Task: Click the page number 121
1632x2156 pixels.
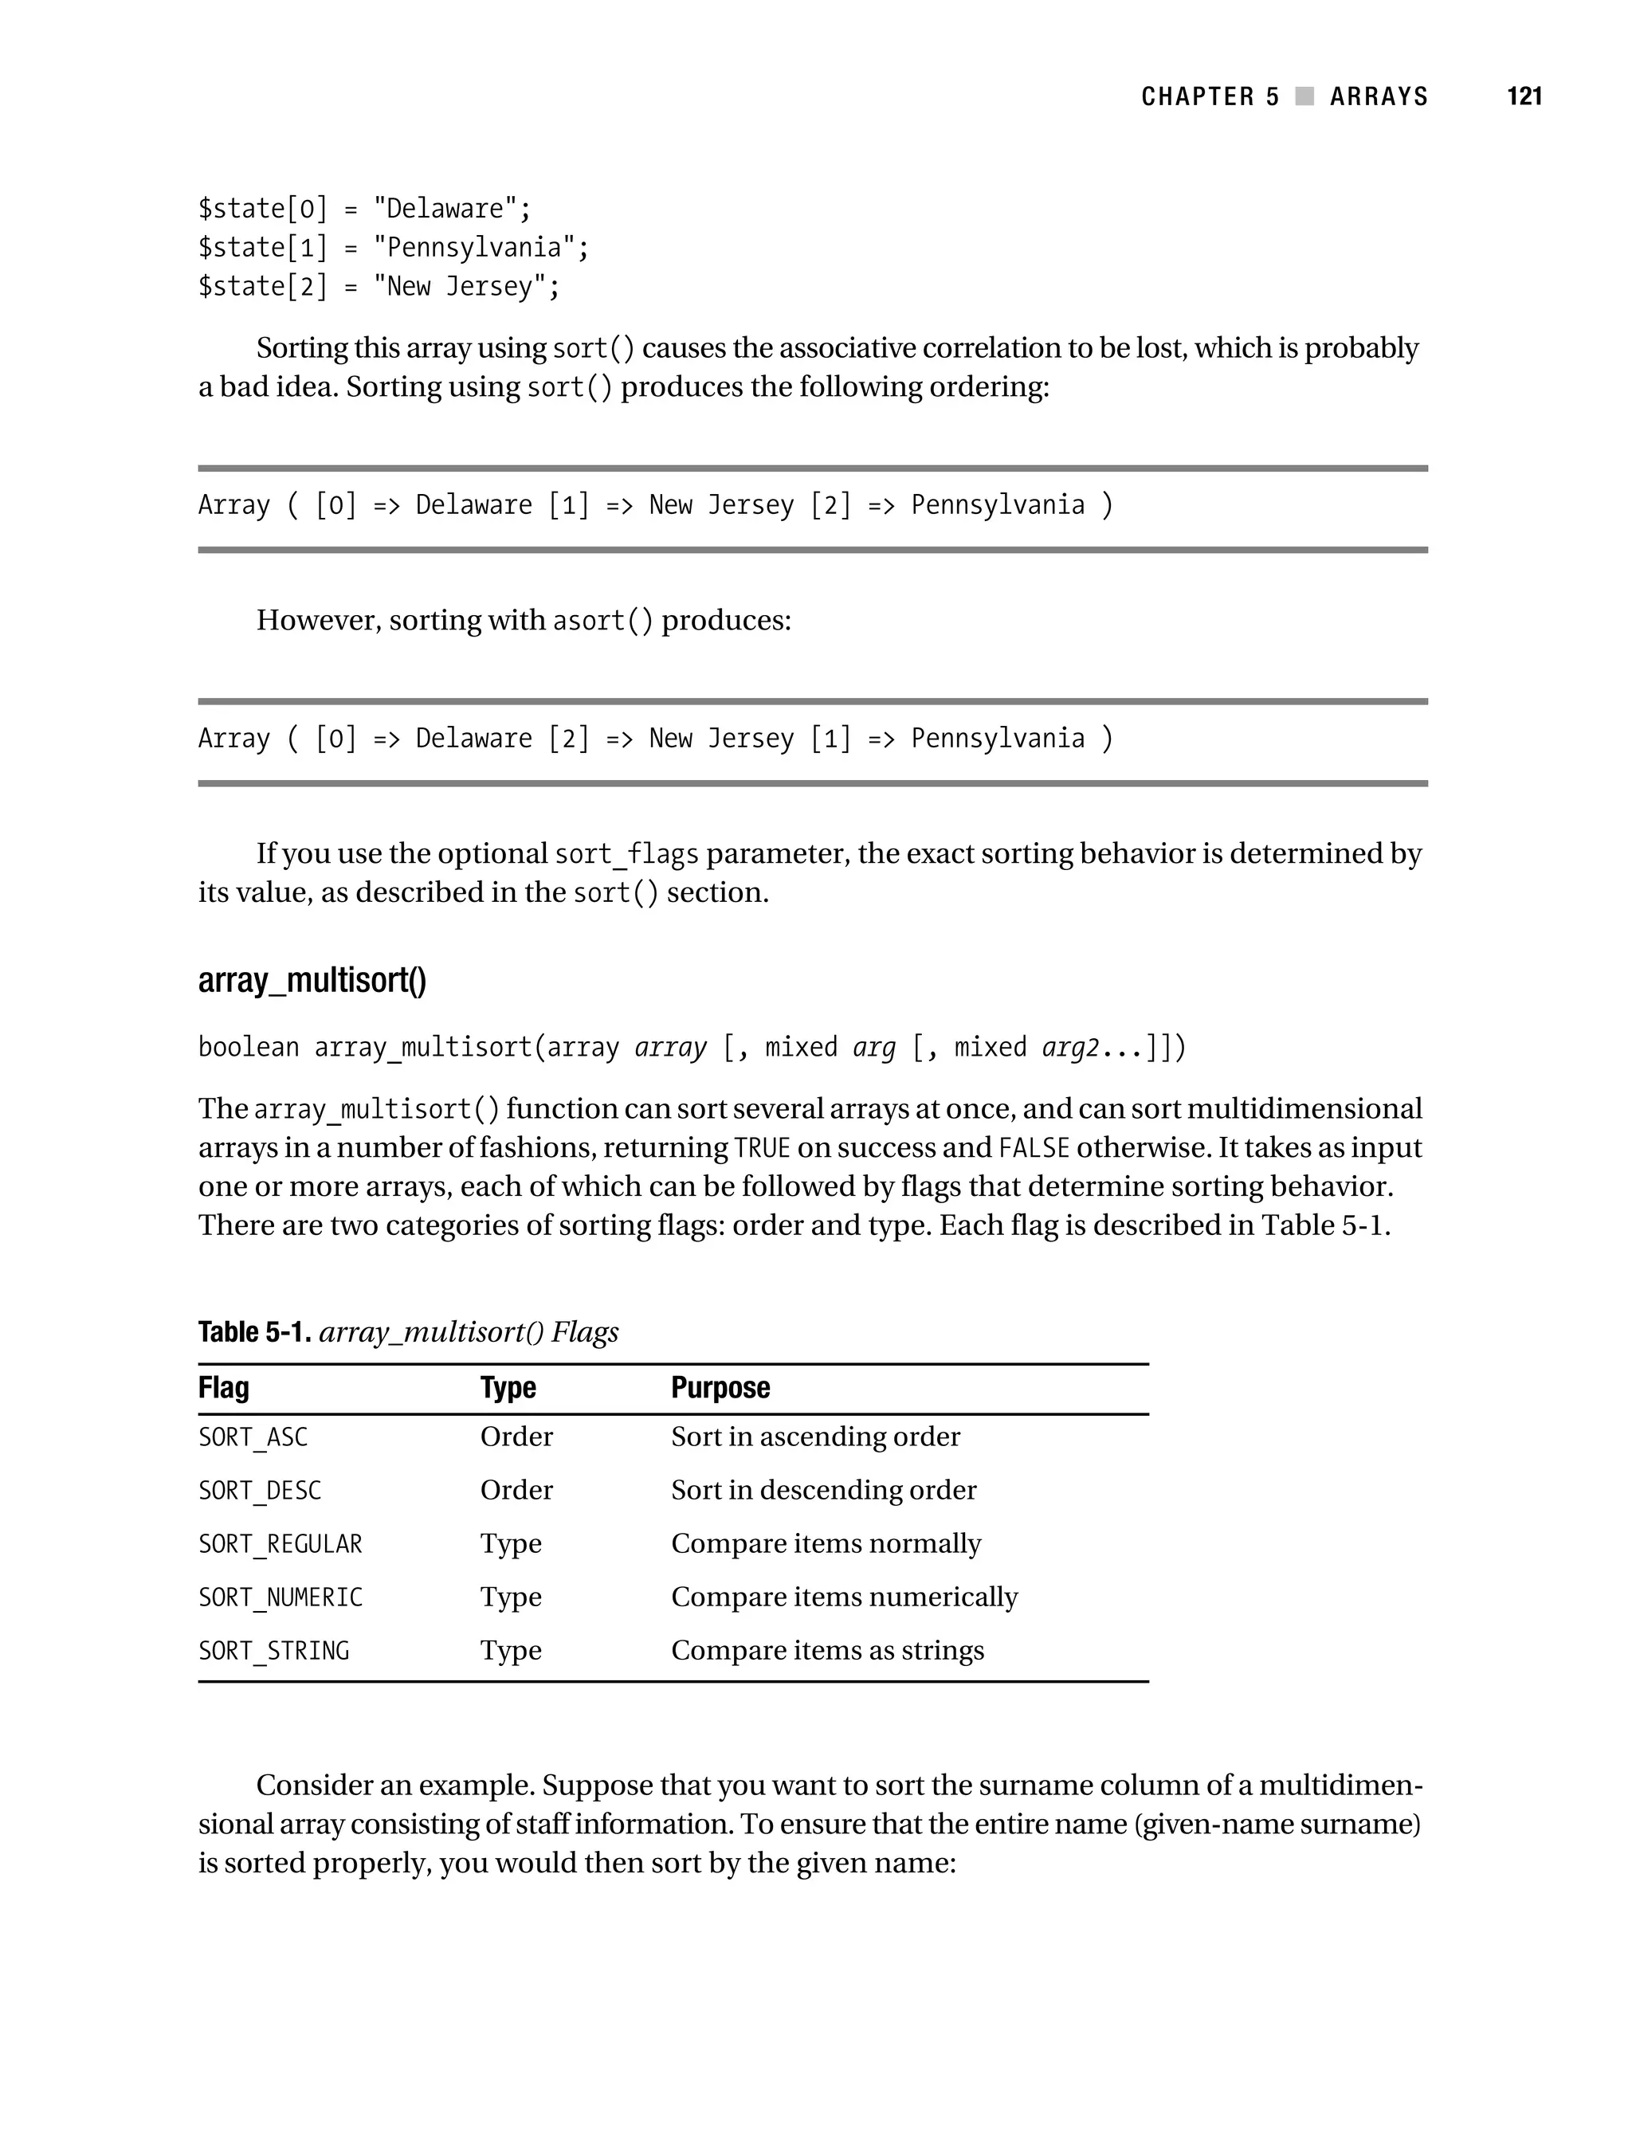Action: [x=1524, y=96]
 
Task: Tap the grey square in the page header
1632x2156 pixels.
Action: [x=1304, y=96]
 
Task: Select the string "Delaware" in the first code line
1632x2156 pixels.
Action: [x=445, y=209]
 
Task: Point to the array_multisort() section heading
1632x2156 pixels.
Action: [x=312, y=979]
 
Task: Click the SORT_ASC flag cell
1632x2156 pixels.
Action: [x=253, y=1437]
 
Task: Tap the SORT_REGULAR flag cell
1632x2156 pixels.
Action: [x=280, y=1545]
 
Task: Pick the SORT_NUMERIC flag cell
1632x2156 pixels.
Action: [x=280, y=1597]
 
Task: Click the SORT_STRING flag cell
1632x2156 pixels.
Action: [x=273, y=1651]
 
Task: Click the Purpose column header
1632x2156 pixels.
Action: [x=720, y=1387]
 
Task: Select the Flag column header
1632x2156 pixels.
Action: [x=223, y=1387]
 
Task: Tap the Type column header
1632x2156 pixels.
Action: [x=508, y=1387]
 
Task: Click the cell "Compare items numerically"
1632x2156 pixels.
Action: [x=843, y=1597]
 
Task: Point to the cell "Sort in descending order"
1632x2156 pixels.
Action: [x=823, y=1490]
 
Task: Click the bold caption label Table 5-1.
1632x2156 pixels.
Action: [x=253, y=1332]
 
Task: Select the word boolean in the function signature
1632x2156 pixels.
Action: [x=248, y=1048]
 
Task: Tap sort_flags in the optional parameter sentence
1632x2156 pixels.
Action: [x=626, y=855]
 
